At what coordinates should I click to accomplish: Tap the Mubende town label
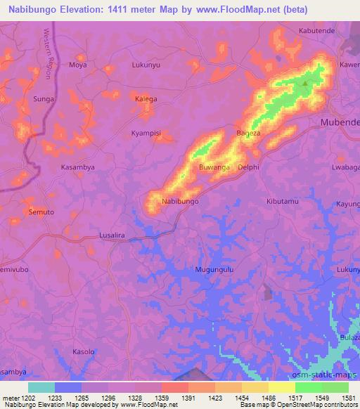click(340, 122)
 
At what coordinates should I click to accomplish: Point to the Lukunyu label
click(146, 65)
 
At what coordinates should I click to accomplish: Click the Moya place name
click(77, 65)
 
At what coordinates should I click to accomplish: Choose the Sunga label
click(44, 99)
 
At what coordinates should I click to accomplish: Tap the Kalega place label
click(146, 99)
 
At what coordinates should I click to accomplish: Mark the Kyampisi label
click(146, 133)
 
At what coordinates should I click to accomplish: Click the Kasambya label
click(77, 167)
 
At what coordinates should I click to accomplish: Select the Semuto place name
click(41, 212)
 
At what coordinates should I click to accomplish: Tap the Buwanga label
click(214, 168)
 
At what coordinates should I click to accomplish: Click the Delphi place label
click(249, 168)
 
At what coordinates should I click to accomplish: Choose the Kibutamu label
click(283, 202)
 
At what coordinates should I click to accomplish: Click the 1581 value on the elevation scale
click(347, 398)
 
